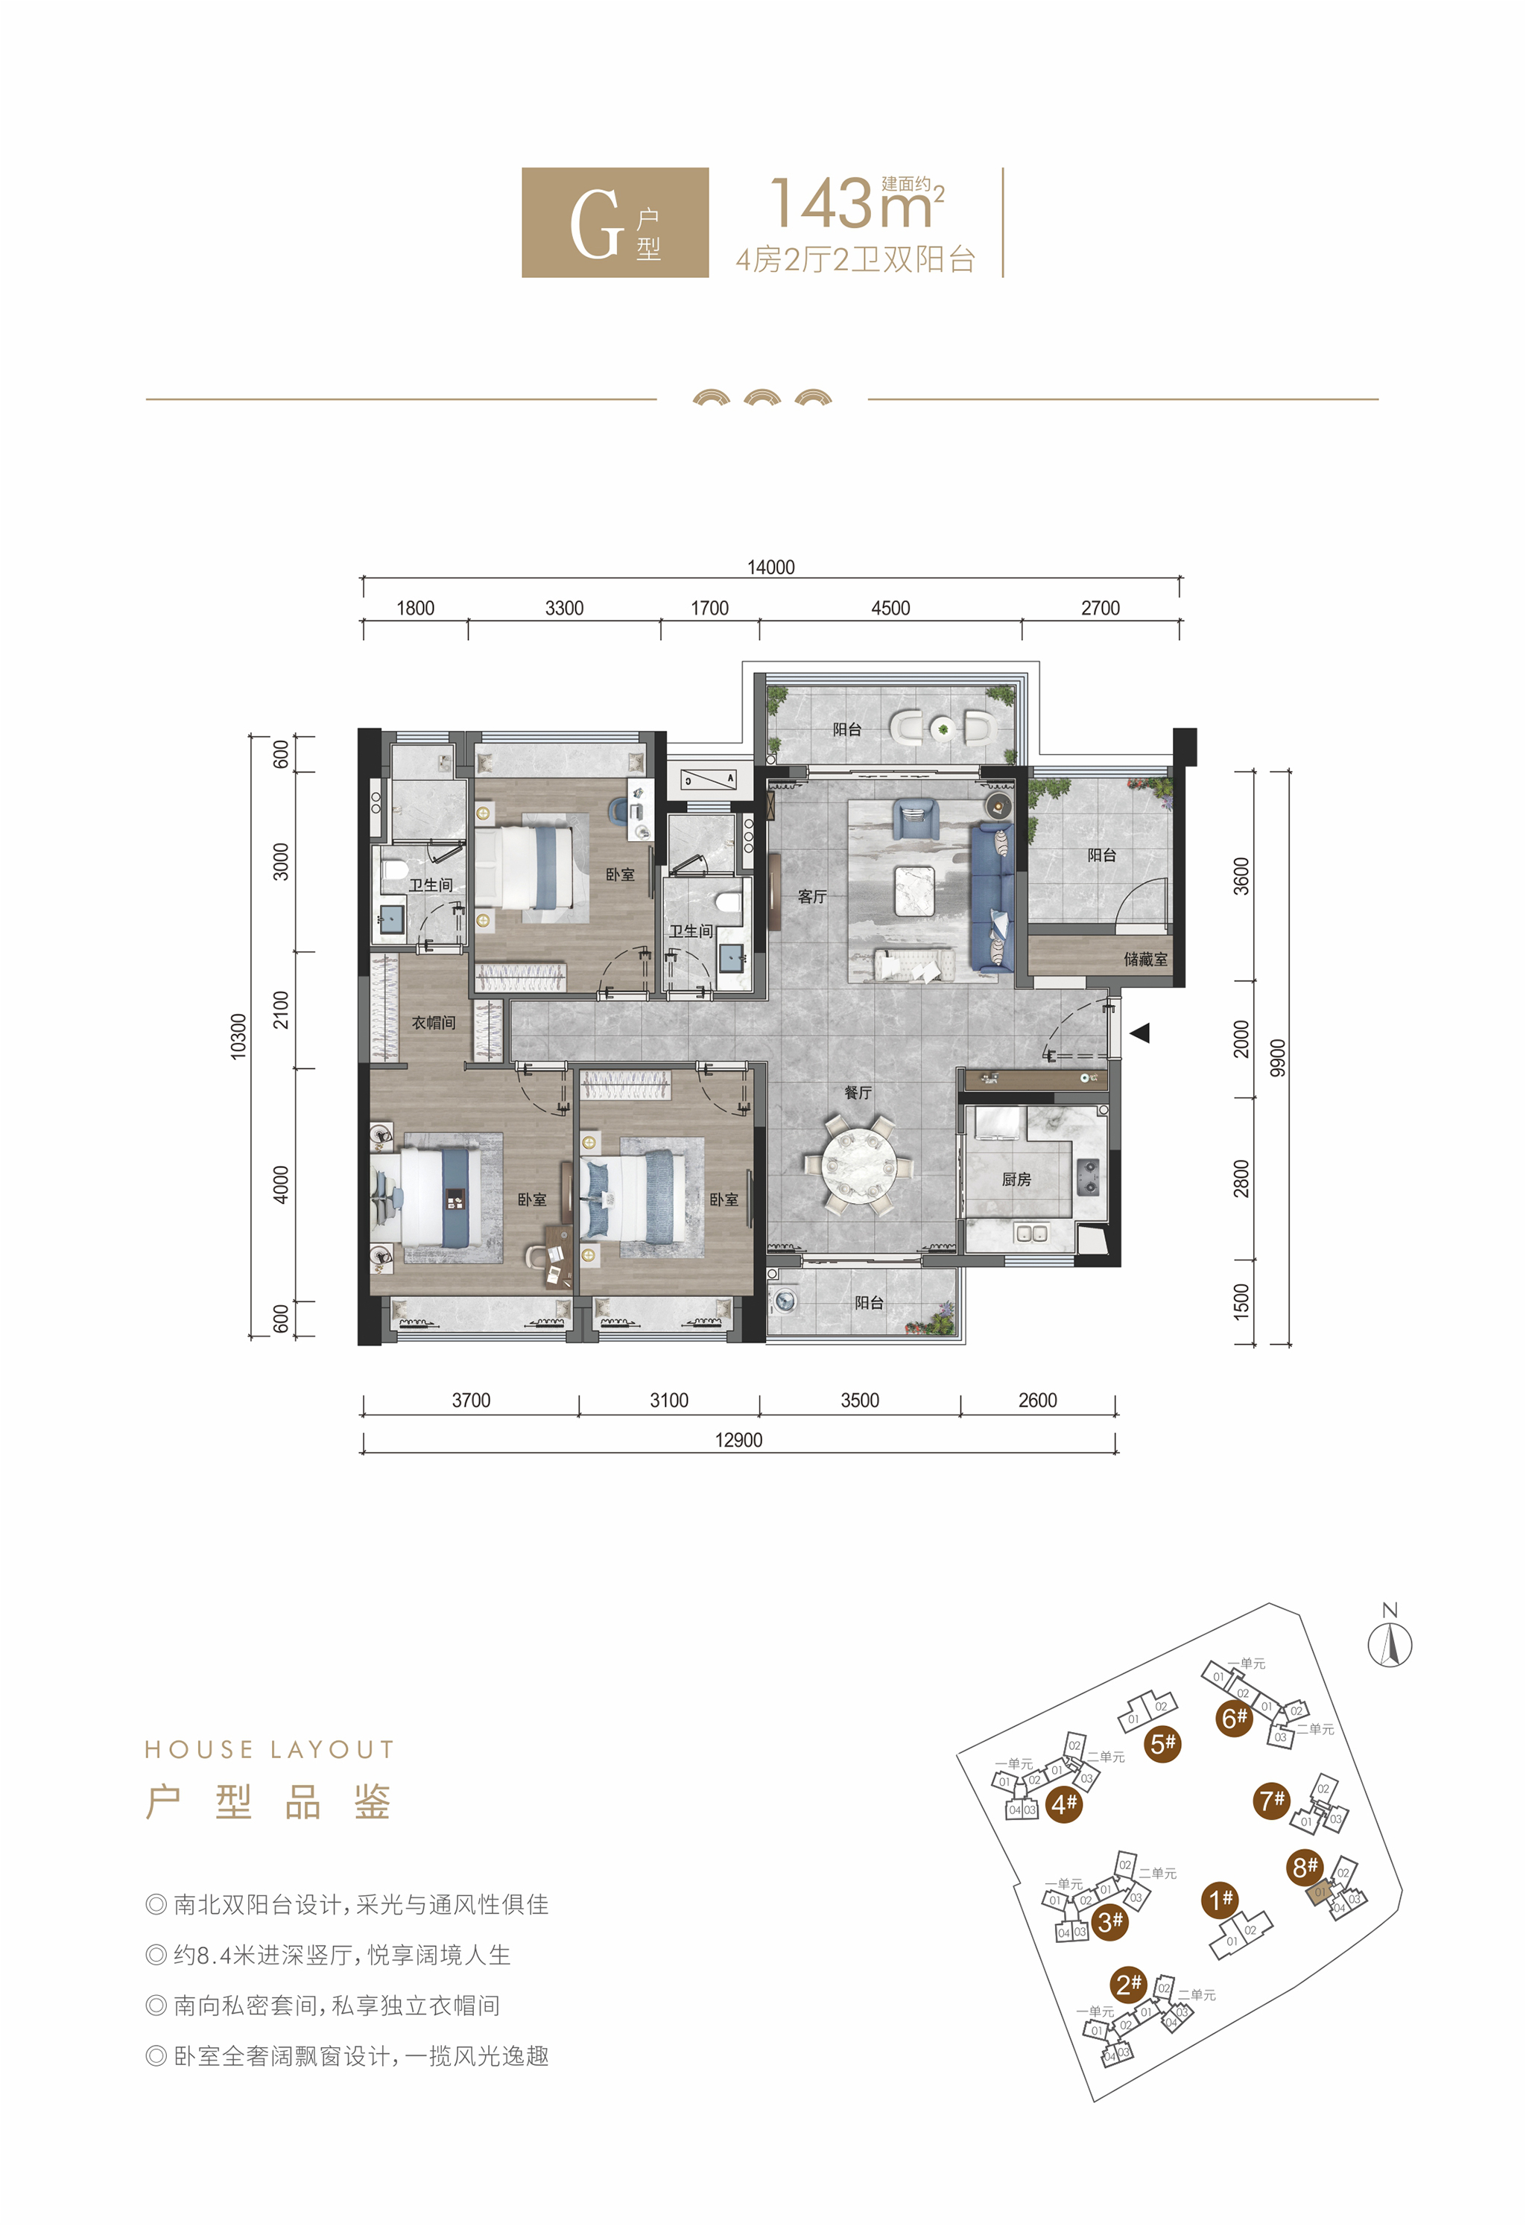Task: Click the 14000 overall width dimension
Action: pos(770,567)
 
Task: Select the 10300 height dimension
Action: pos(238,1036)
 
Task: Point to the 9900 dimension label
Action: pos(1277,1057)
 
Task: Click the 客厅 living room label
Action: pos(811,896)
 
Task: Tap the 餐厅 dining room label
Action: pos(858,1092)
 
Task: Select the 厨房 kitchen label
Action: pos(1016,1179)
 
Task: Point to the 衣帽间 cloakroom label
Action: pos(433,1023)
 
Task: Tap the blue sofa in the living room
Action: pos(992,898)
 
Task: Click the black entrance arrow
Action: pos(1139,1033)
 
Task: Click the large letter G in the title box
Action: pos(596,224)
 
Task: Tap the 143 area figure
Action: pos(824,203)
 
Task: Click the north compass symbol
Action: pos(1389,1639)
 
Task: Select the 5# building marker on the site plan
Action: pos(1163,1744)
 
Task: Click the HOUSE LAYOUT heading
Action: pos(269,1750)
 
